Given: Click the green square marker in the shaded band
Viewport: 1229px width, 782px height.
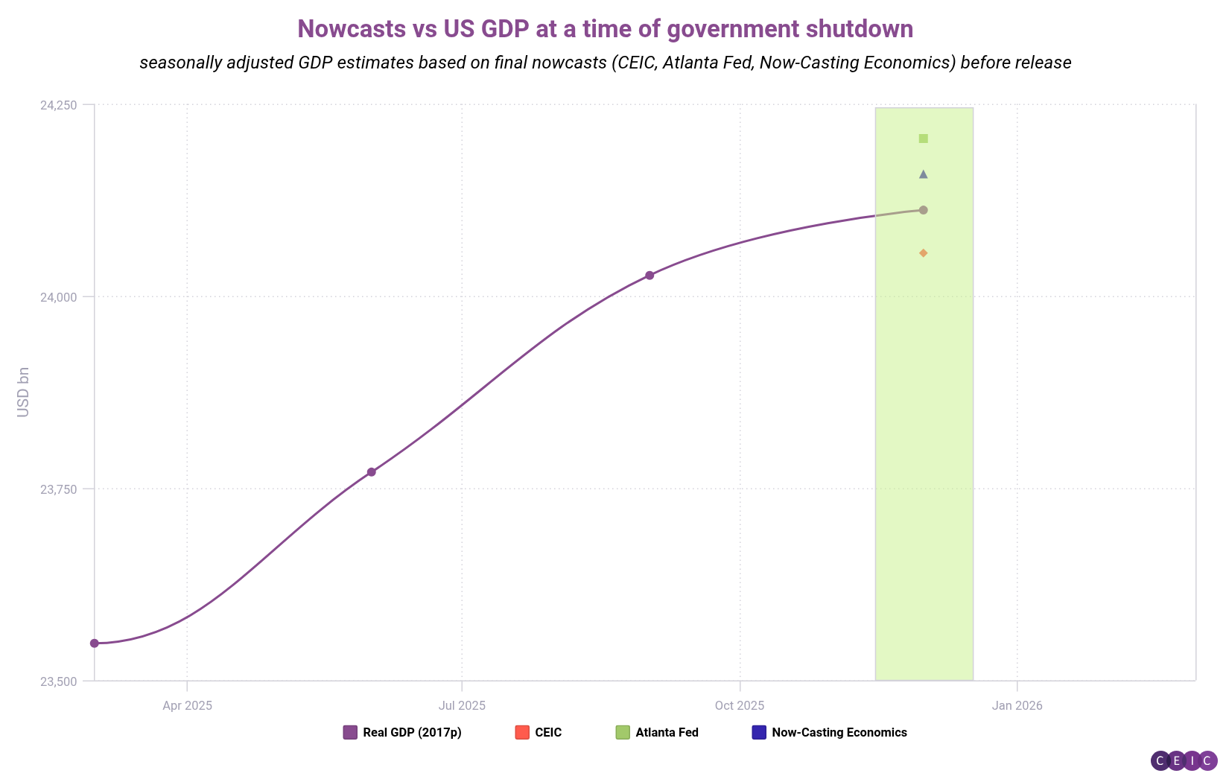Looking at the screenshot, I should click(x=924, y=139).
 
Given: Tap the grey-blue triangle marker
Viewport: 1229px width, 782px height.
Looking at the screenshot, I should click(x=924, y=174).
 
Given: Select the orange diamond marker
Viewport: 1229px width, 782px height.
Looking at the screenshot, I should click(x=924, y=253).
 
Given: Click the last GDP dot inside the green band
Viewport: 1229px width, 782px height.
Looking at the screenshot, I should click(x=924, y=210).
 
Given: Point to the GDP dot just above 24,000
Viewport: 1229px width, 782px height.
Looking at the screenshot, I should click(x=650, y=276).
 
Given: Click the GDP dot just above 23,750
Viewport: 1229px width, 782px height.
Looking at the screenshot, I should click(x=372, y=472).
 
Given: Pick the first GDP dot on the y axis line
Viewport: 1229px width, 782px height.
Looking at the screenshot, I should click(x=95, y=643).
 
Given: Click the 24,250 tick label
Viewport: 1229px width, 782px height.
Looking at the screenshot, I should click(x=58, y=105).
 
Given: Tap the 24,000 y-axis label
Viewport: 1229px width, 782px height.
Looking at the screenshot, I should click(x=58, y=297).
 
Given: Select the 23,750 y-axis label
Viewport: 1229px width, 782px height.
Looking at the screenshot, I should click(x=58, y=489).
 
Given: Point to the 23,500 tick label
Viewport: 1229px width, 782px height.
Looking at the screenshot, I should click(x=58, y=681).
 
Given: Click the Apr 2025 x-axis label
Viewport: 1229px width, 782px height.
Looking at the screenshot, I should click(x=187, y=705).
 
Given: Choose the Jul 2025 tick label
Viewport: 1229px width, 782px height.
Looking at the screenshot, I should click(x=462, y=705).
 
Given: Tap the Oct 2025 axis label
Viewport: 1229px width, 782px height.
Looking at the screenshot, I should click(x=740, y=705).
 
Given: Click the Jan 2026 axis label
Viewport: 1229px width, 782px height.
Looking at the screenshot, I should click(x=1017, y=705).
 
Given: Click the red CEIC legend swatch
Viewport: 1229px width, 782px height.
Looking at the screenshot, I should click(x=522, y=732).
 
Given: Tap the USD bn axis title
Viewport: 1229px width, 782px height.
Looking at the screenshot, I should click(x=23, y=392).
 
